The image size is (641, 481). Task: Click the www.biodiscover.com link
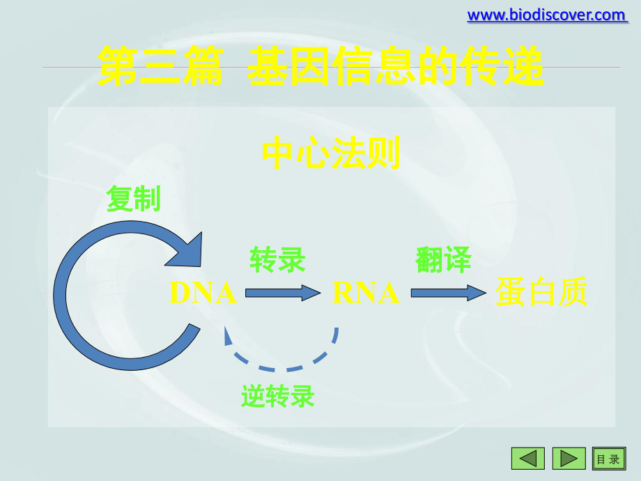[546, 15]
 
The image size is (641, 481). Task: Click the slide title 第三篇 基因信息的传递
[320, 66]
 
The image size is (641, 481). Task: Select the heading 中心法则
[331, 153]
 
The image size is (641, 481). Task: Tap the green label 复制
[133, 199]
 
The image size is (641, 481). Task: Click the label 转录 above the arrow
[277, 260]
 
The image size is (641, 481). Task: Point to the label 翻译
[443, 260]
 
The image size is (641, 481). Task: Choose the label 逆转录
[278, 396]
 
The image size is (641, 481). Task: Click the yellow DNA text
[203, 293]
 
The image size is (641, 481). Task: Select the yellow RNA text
[366, 293]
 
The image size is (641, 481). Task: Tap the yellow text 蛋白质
[541, 292]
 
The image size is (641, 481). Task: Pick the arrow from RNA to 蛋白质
[448, 293]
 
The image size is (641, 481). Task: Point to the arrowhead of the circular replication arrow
[187, 251]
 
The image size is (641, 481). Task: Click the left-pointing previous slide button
[527, 458]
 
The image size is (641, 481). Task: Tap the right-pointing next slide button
[569, 458]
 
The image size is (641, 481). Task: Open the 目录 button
[608, 458]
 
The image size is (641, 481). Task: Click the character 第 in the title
[118, 66]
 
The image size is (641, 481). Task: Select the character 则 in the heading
[384, 153]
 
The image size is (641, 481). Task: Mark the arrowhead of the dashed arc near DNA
[228, 335]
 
